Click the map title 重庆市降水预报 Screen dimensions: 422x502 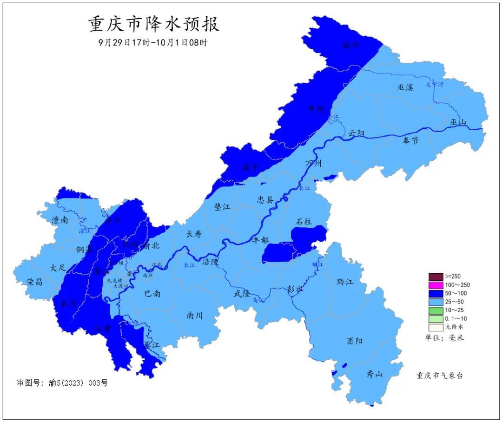click(153, 24)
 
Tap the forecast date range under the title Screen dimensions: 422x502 click(153, 42)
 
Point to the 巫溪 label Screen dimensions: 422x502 click(405, 87)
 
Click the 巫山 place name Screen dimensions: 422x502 click(458, 122)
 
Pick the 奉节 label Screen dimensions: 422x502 click(410, 141)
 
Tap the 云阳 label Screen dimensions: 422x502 click(357, 134)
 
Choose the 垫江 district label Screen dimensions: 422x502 click(222, 207)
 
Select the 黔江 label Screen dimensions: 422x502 click(344, 282)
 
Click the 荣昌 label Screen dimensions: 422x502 click(34, 282)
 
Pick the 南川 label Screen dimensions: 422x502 click(194, 316)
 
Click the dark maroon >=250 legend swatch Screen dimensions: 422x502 click(436, 277)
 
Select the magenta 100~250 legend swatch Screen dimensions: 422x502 click(436, 285)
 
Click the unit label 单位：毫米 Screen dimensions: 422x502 click(444, 338)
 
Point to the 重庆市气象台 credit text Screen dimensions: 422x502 click(439, 376)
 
